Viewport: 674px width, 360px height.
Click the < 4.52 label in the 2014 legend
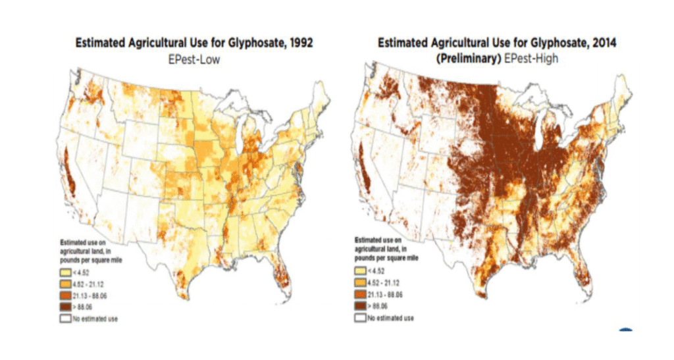[375, 273]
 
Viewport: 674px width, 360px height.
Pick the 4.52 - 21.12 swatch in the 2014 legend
[359, 284]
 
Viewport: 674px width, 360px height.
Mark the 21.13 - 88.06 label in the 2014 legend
[384, 296]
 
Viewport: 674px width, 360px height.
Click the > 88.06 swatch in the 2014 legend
[359, 307]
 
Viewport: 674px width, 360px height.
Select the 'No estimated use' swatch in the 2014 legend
[359, 318]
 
